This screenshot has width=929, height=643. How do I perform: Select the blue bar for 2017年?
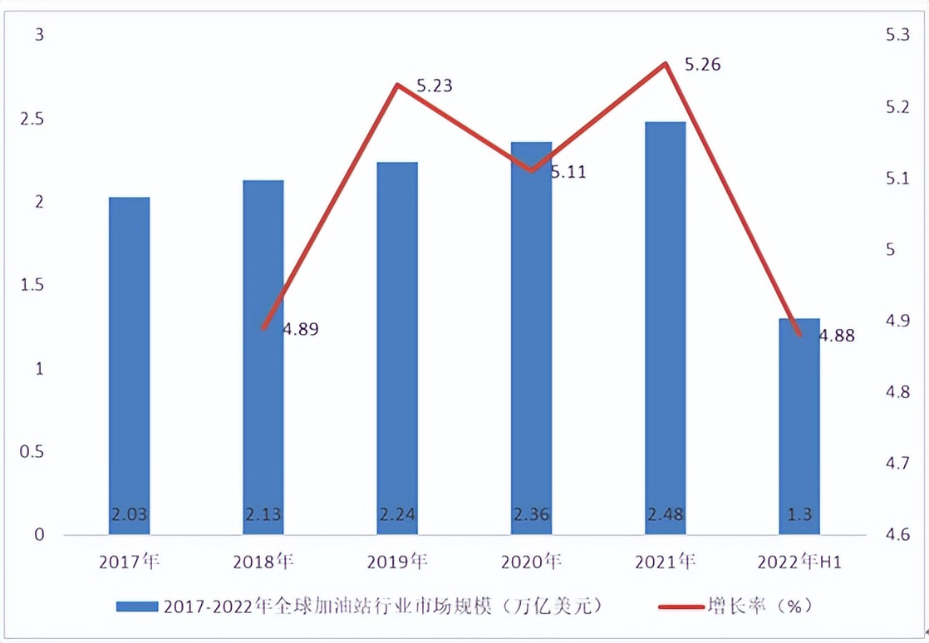(129, 366)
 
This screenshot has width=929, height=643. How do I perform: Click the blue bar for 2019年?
(396, 349)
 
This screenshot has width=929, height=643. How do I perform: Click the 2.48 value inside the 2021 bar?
(665, 514)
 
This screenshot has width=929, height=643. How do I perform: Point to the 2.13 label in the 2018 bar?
(263, 514)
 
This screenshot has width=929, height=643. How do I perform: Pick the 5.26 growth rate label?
(702, 64)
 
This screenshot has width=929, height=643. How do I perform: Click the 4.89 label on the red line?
(300, 329)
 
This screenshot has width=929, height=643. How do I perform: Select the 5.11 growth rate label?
(568, 173)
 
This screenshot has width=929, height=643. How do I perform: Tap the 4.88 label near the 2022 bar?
(837, 336)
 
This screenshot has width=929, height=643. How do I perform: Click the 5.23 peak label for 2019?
(434, 85)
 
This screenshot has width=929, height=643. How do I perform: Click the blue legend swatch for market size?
(136, 606)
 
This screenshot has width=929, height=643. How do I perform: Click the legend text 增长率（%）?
(759, 606)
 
